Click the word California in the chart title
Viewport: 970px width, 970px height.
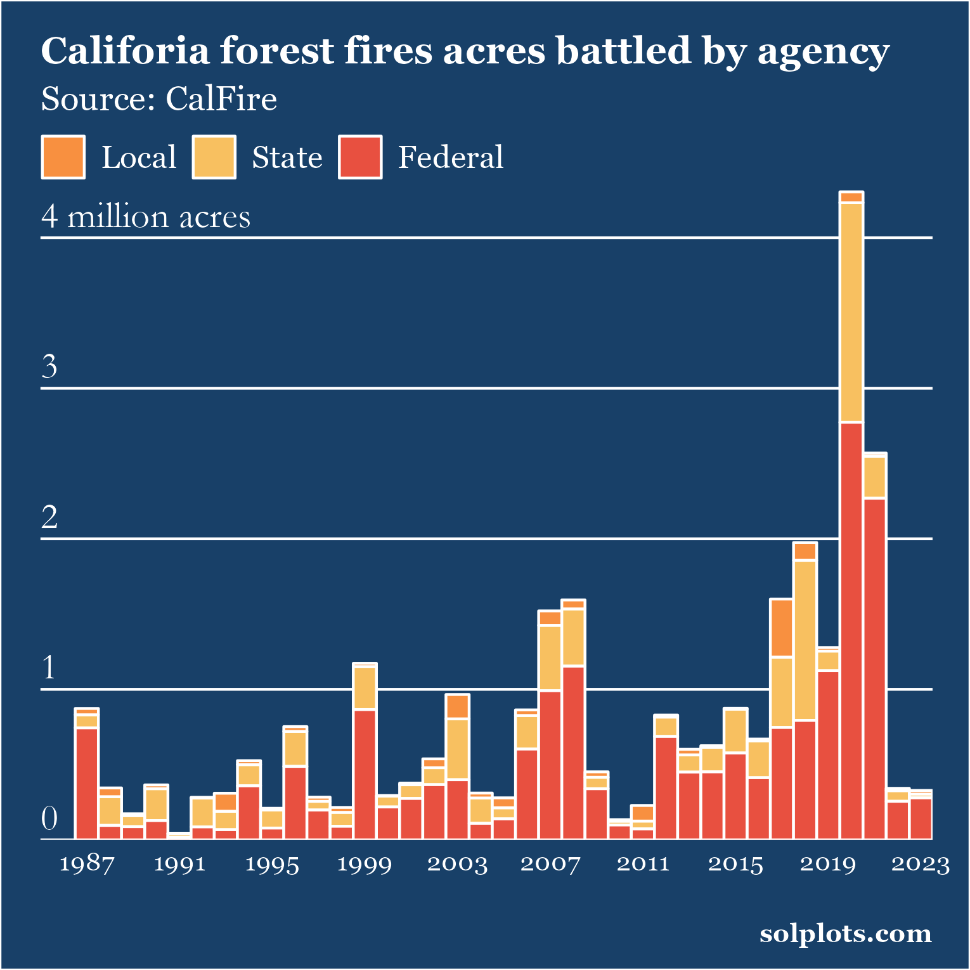125,51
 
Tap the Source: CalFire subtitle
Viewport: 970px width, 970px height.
158,100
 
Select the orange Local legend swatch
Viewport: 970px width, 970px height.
63,157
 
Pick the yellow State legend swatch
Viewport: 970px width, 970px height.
214,157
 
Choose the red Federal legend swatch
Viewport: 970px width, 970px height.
360,157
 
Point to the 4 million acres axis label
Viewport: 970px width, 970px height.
146,217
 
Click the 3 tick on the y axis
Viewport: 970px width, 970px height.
49,366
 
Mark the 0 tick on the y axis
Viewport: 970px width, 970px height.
49,818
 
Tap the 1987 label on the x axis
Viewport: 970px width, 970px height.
87,864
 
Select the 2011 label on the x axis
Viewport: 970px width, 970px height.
643,864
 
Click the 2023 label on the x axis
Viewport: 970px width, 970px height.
921,864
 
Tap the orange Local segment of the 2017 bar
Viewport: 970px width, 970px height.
782,628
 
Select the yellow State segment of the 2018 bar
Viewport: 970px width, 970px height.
805,640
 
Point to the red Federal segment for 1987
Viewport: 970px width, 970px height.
87,784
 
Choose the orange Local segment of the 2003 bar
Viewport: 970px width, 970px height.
457,706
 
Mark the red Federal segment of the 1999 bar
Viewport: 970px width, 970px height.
365,774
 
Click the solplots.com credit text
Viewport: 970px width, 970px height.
846,934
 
